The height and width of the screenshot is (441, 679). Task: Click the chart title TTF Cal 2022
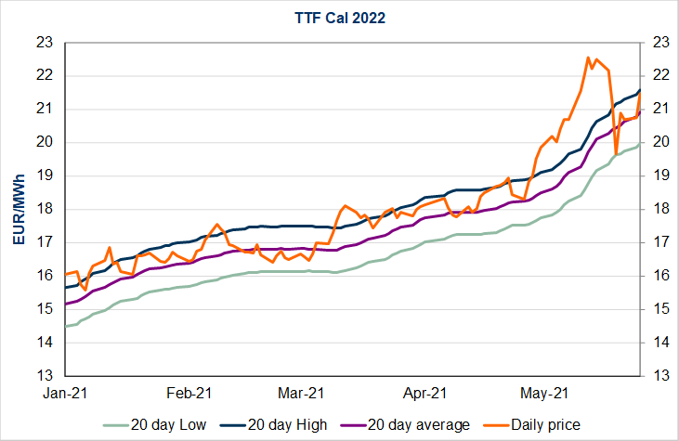[340, 17]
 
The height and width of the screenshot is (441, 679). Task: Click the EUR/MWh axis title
[18, 208]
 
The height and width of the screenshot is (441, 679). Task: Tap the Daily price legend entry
[544, 424]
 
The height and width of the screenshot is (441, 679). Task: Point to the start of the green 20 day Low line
[65, 327]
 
